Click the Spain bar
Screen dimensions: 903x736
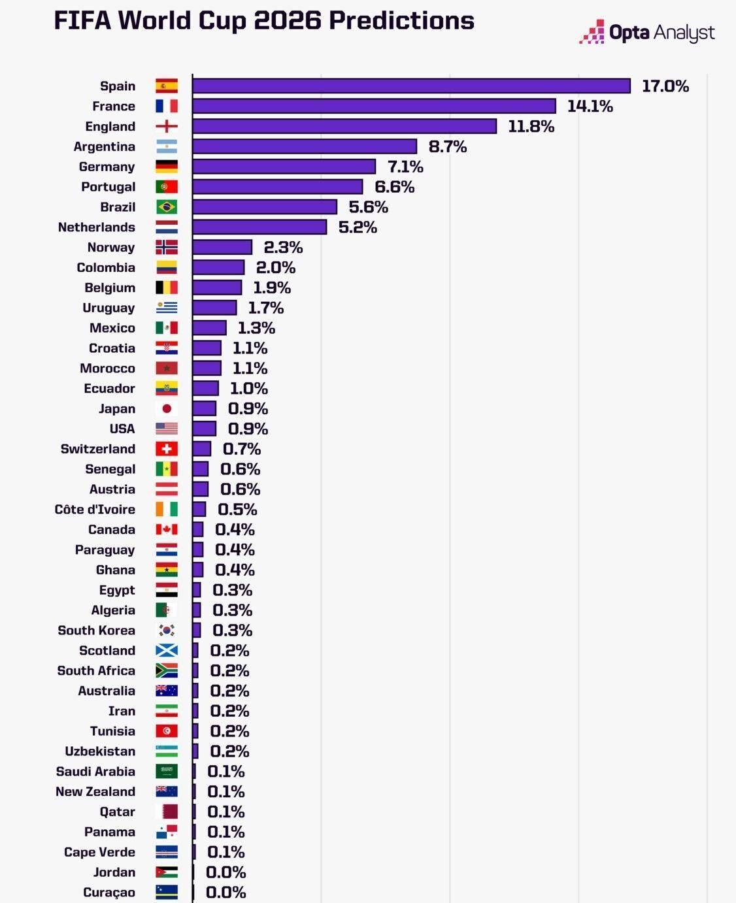click(x=411, y=86)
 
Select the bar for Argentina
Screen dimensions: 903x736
click(x=305, y=146)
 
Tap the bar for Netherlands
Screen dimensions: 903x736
click(x=259, y=227)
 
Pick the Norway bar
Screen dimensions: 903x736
click(x=222, y=248)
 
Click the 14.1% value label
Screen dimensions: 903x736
click(x=590, y=107)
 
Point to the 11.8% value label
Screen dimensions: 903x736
click(x=531, y=127)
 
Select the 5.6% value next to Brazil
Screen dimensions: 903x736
click(x=368, y=207)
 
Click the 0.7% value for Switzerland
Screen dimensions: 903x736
click(x=241, y=449)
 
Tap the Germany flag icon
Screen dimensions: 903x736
click(x=167, y=167)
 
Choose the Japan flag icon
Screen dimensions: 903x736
click(x=167, y=409)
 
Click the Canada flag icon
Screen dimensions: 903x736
click(x=167, y=530)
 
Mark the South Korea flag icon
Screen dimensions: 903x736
click(x=167, y=631)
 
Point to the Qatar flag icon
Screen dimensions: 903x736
click(x=167, y=812)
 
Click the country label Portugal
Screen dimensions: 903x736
click(x=108, y=187)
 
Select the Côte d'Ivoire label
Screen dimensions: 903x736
click(x=95, y=510)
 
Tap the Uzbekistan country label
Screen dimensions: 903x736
click(x=100, y=751)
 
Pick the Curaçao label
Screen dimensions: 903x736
click(x=109, y=893)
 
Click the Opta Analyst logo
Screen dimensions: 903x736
click(x=646, y=32)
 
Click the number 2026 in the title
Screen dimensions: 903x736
click(x=288, y=21)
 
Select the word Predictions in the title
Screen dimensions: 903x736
click(x=401, y=21)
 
